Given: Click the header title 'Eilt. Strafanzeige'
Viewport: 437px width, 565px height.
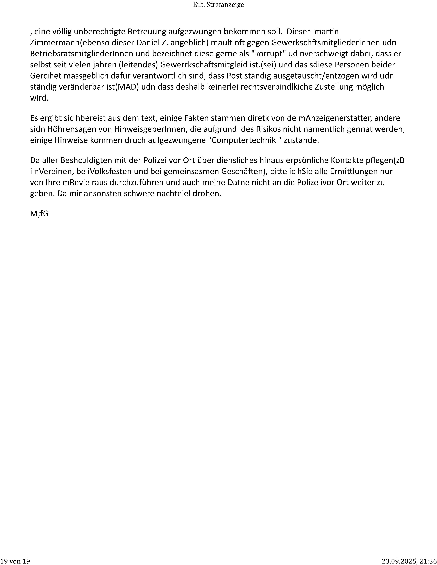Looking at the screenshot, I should point(218,5).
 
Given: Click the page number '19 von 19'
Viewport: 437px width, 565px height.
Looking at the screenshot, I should point(15,561).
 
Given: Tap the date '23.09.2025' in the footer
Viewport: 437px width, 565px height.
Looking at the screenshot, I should point(399,561).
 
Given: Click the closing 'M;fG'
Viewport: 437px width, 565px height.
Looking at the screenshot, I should point(39,214).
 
